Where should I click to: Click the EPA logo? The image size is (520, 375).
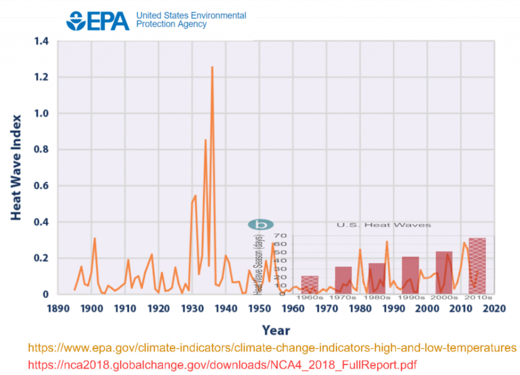pyautogui.click(x=98, y=20)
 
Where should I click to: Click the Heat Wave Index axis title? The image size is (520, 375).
pyautogui.click(x=16, y=167)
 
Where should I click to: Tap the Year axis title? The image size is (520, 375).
pyautogui.click(x=276, y=330)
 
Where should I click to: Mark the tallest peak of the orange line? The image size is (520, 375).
pyautogui.click(x=212, y=67)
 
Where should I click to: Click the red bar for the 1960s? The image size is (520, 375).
pyautogui.click(x=309, y=284)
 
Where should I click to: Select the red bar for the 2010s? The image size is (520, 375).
pyautogui.click(x=477, y=266)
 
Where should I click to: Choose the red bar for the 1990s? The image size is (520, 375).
pyautogui.click(x=410, y=275)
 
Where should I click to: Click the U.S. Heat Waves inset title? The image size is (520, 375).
pyautogui.click(x=384, y=225)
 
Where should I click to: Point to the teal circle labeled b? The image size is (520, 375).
pyautogui.click(x=261, y=224)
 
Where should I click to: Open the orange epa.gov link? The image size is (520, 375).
pyautogui.click(x=272, y=348)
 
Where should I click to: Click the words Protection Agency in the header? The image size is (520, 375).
pyautogui.click(x=171, y=24)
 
